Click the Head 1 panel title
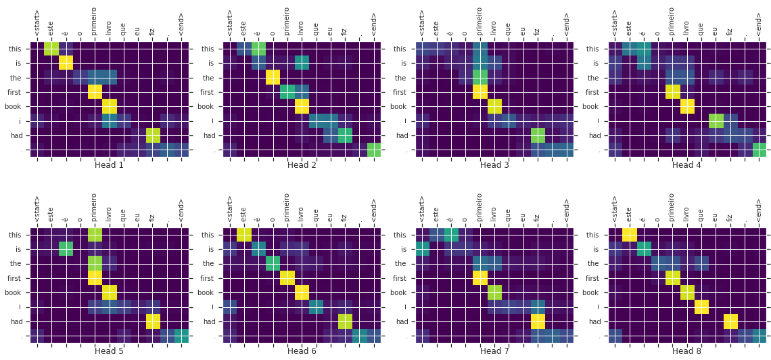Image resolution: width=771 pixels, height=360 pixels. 109,165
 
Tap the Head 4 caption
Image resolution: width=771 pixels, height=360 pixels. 686,165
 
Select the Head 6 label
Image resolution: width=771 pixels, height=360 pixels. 302,351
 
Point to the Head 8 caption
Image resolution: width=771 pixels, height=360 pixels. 686,351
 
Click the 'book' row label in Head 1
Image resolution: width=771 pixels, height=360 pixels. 16,106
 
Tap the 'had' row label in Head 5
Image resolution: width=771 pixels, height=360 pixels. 17,321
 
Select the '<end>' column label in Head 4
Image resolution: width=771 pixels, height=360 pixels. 760,24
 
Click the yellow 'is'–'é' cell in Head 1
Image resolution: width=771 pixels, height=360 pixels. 66,63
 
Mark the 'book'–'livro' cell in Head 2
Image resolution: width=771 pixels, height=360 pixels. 302,106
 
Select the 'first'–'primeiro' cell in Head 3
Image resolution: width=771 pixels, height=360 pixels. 480,91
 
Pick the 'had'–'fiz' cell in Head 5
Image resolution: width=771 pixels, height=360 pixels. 153,321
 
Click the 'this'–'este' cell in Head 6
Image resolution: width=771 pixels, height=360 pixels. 244,235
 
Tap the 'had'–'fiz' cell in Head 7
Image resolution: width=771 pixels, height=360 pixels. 538,321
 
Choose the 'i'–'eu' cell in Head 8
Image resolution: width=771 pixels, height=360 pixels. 702,307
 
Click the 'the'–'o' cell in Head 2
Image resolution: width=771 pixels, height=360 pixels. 273,77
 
